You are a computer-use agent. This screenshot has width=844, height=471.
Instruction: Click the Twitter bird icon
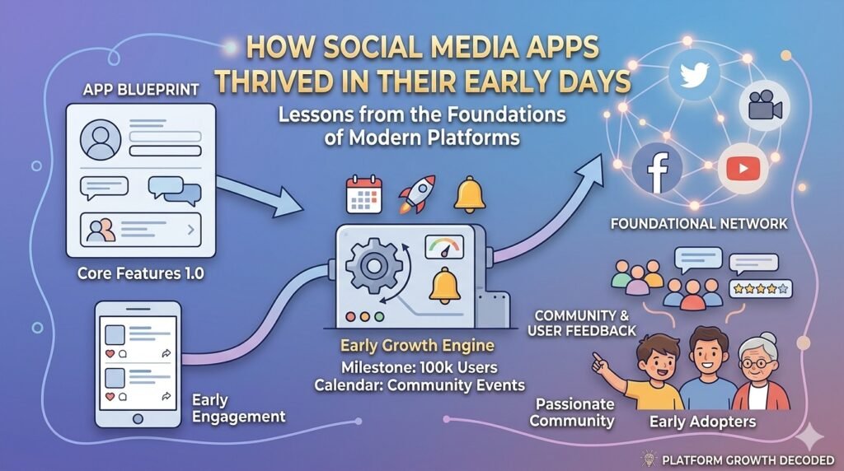pos(694,75)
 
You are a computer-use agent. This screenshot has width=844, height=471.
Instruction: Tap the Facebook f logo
pos(657,169)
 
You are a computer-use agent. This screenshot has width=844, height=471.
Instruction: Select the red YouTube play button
pos(743,169)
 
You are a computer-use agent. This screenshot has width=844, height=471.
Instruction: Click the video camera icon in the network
pos(764,105)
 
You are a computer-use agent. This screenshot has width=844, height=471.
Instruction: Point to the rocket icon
pos(416,194)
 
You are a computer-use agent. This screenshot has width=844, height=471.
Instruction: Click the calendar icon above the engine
pos(363,194)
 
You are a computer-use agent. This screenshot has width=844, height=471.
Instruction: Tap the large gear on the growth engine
pos(373,266)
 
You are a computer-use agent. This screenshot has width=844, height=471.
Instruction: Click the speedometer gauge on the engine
pos(444,247)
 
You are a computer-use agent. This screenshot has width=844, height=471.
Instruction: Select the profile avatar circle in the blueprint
pos(101,140)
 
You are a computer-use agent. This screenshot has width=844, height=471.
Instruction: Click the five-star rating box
pos(760,289)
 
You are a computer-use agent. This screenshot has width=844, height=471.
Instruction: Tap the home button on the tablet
pos(138,418)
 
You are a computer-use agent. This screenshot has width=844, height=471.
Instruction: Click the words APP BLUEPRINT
pos(141,89)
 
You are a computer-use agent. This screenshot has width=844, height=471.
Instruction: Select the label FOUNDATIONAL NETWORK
pos(699,223)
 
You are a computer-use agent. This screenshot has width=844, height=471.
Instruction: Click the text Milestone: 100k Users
pos(420,368)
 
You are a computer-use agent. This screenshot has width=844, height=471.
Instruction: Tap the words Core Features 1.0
pos(140,273)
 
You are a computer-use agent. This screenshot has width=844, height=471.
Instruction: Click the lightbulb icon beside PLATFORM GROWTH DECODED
pos(649,459)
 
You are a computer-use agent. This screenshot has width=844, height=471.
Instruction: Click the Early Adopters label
pos(702,422)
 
